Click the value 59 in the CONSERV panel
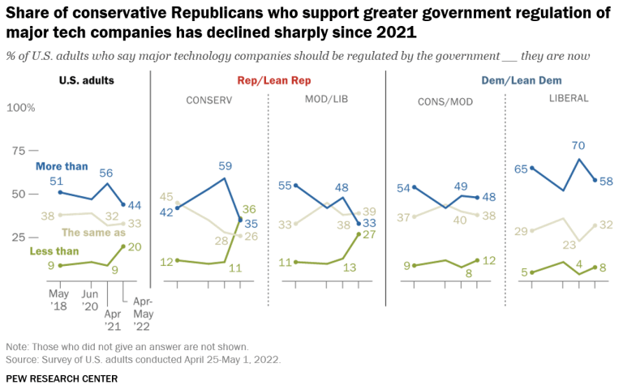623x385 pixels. click(226, 165)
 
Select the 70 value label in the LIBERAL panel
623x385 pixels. click(578, 146)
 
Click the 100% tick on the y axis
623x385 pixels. click(21, 108)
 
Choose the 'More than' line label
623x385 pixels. click(62, 166)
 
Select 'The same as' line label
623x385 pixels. click(101, 232)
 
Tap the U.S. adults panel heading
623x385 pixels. click(87, 81)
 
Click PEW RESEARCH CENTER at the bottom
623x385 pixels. click(61, 378)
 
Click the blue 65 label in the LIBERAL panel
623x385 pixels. click(522, 169)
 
